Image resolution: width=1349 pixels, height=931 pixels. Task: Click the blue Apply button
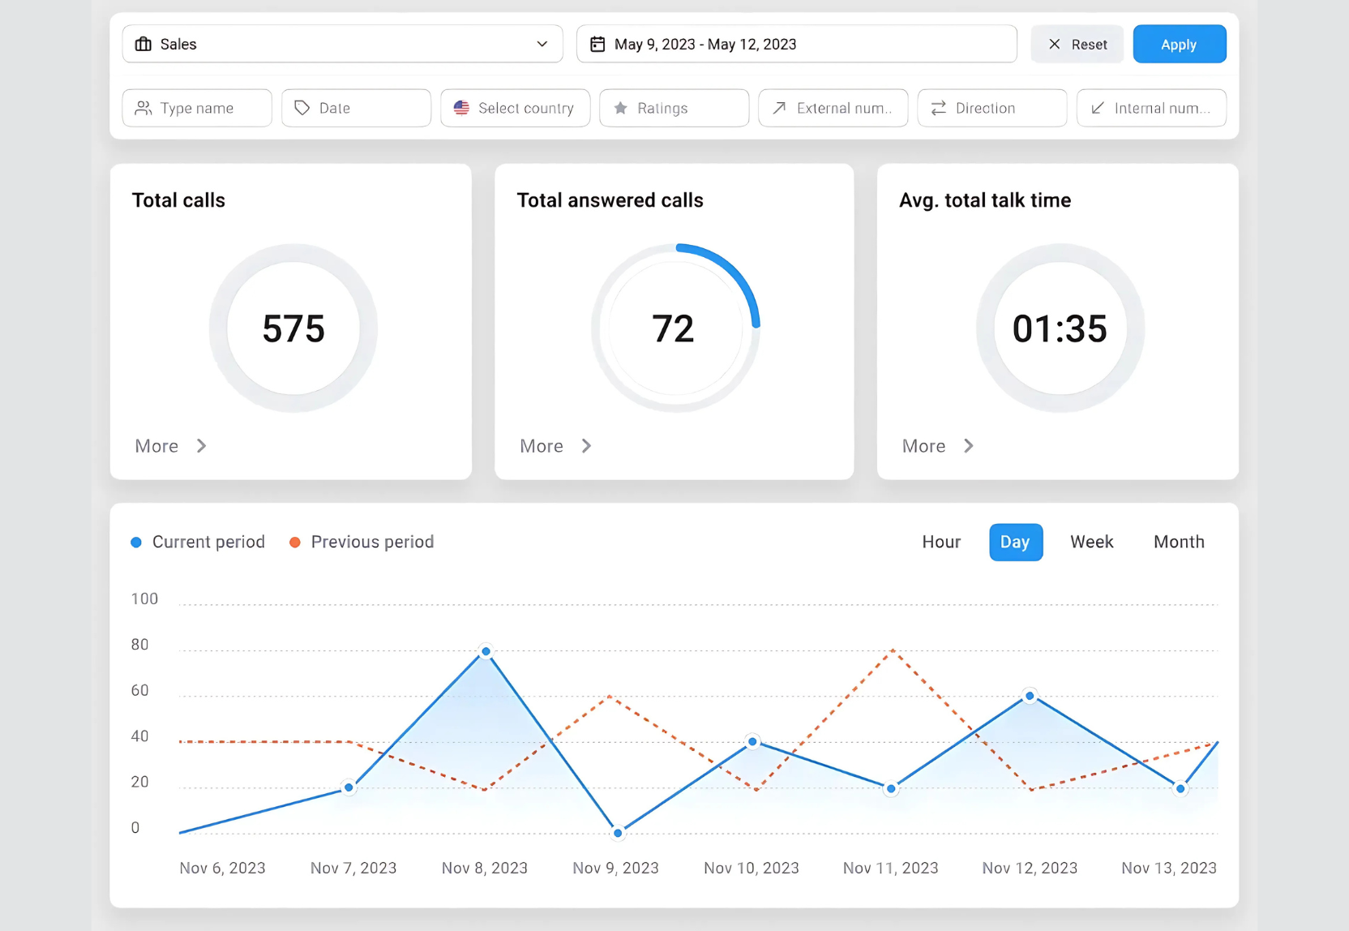point(1179,44)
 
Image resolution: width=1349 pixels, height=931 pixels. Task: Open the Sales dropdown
point(342,44)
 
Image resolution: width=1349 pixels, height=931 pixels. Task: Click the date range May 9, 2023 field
point(796,44)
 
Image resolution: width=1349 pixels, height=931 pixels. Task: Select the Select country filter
point(515,108)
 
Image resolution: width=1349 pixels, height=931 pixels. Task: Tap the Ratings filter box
point(674,108)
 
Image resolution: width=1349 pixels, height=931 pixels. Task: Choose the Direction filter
point(991,108)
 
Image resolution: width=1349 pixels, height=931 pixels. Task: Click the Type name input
point(197,108)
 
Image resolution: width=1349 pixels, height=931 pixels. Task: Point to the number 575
point(293,328)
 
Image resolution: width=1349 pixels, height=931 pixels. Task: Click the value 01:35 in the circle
point(1059,328)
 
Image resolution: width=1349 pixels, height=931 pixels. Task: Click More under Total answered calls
point(555,446)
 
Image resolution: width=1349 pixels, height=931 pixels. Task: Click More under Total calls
point(170,446)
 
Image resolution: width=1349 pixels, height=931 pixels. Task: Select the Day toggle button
point(1015,542)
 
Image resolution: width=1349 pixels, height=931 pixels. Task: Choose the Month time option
point(1179,542)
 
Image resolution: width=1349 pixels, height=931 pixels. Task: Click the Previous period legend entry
point(362,542)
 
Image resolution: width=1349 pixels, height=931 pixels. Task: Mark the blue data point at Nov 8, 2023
point(486,651)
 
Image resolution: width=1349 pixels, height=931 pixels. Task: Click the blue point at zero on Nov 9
point(618,833)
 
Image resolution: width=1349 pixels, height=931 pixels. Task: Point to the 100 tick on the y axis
point(144,598)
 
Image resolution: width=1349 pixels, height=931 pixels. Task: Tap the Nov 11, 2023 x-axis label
point(890,868)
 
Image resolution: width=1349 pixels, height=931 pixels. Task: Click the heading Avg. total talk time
point(984,200)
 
